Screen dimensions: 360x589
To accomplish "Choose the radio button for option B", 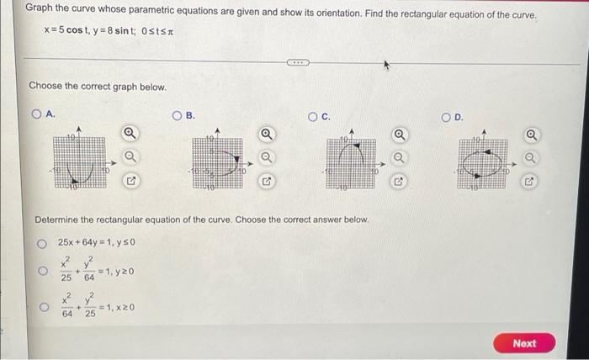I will coord(178,115).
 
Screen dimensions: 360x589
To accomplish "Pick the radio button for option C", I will coord(313,115).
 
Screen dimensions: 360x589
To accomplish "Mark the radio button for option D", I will coord(448,115).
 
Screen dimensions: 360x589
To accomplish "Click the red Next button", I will coord(523,343).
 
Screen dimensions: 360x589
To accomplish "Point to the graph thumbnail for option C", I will coord(351,156).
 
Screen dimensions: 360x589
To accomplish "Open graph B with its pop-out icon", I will coord(267,180).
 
